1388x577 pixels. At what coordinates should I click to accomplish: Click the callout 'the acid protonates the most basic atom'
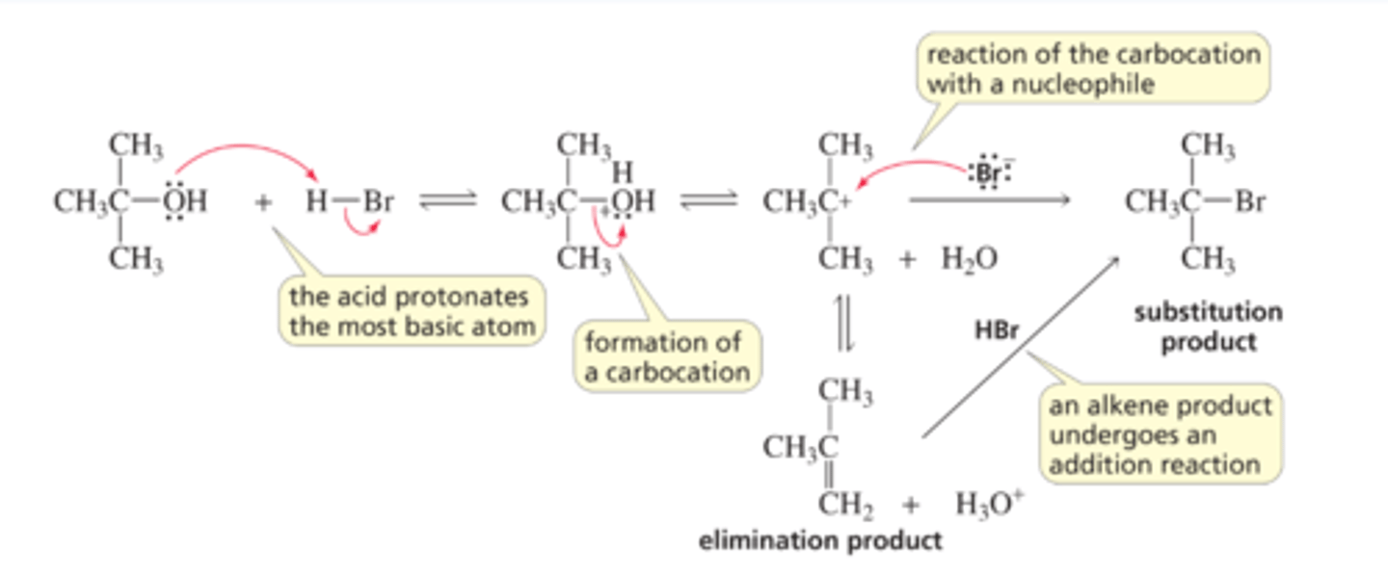pyautogui.click(x=412, y=310)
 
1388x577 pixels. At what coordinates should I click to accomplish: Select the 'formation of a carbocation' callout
pyautogui.click(x=666, y=356)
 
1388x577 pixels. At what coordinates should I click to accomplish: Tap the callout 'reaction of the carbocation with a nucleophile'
pyautogui.click(x=1093, y=68)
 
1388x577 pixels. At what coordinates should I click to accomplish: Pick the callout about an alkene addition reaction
pyautogui.click(x=1161, y=435)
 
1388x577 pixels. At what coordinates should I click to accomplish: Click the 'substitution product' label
pyautogui.click(x=1208, y=327)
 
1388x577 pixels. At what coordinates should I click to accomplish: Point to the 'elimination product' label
pyautogui.click(x=819, y=540)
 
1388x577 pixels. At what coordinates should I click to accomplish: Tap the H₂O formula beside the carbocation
pyautogui.click(x=969, y=258)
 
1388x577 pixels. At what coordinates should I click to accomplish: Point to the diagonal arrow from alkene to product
pyautogui.click(x=1022, y=347)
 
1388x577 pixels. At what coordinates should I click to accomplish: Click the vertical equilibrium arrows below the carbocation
pyautogui.click(x=840, y=325)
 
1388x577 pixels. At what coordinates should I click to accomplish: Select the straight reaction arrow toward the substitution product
pyautogui.click(x=989, y=200)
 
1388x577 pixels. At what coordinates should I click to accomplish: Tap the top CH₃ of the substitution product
pyautogui.click(x=1208, y=147)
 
